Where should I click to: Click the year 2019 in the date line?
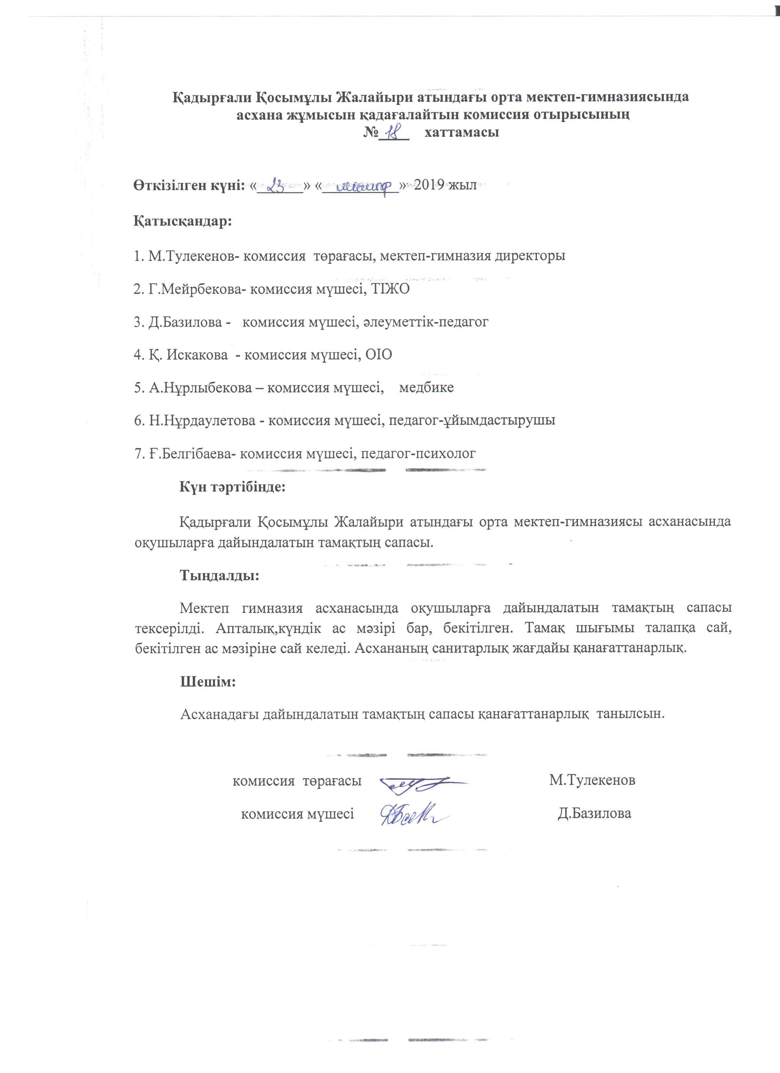(x=429, y=185)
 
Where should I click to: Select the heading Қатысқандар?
(x=183, y=221)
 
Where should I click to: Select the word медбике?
(x=427, y=388)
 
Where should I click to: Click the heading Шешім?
(x=208, y=682)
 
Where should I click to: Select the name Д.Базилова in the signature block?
(x=595, y=814)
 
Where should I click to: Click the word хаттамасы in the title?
(x=462, y=132)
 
